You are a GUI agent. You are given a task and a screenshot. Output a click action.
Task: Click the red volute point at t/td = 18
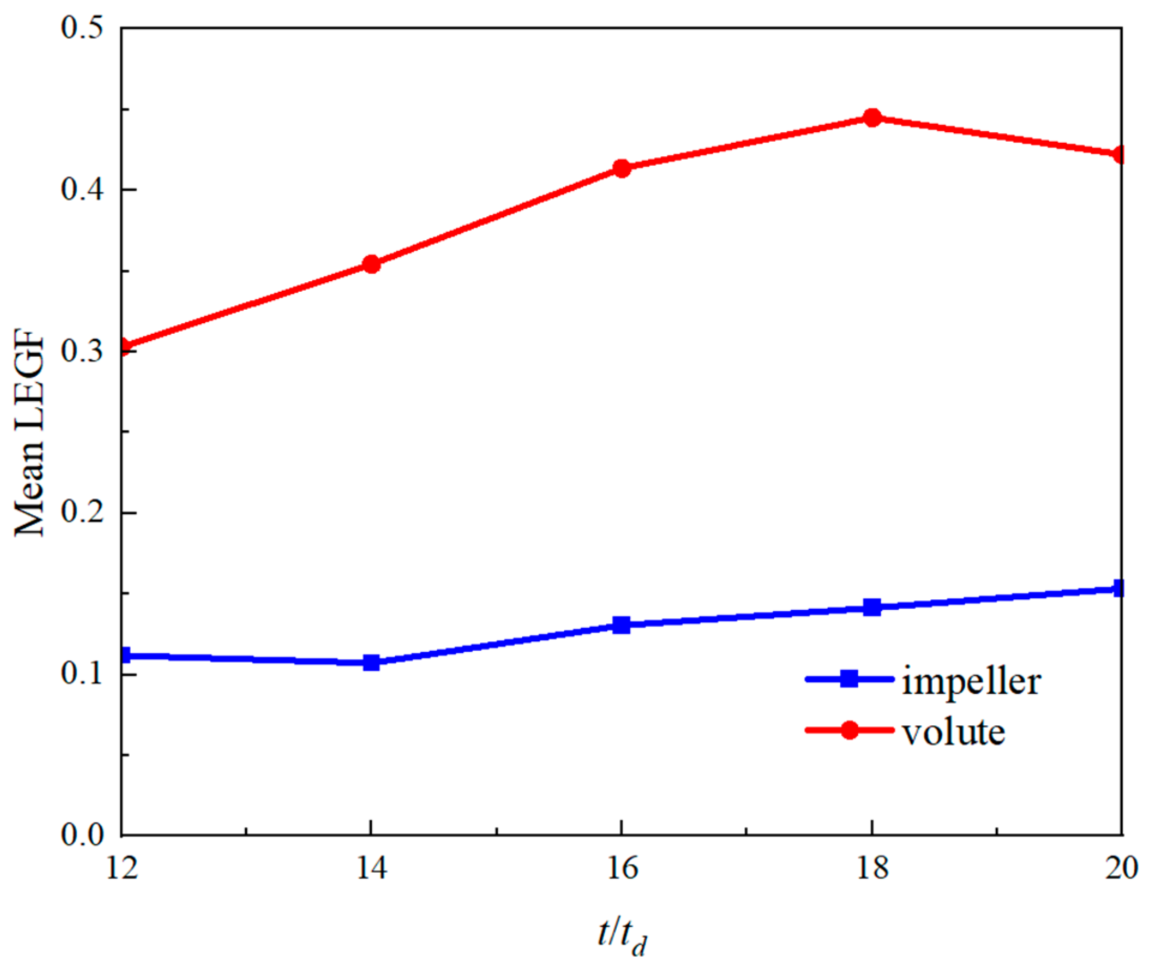pyautogui.click(x=872, y=117)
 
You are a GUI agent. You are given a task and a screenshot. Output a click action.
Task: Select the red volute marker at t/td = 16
pyautogui.click(x=622, y=168)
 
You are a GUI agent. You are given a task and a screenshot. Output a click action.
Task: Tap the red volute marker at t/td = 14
pyautogui.click(x=372, y=264)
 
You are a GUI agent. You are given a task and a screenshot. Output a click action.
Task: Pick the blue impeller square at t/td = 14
pyautogui.click(x=372, y=662)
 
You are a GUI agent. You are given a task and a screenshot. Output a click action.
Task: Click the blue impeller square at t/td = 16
pyautogui.click(x=622, y=625)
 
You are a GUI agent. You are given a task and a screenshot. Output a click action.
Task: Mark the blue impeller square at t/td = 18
pyautogui.click(x=872, y=607)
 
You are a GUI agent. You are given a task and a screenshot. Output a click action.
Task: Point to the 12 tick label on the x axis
pyautogui.click(x=122, y=868)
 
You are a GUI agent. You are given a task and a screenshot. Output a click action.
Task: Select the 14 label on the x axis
pyautogui.click(x=372, y=868)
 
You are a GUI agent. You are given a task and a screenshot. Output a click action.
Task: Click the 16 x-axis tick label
pyautogui.click(x=622, y=868)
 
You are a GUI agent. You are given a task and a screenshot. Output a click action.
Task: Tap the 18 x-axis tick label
pyautogui.click(x=872, y=868)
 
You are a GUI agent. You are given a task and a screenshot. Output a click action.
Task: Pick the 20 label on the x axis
pyautogui.click(x=1121, y=868)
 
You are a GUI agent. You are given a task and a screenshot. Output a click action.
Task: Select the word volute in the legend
pyautogui.click(x=954, y=733)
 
